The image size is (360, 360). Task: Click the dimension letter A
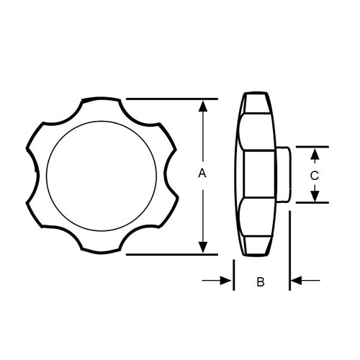pyautogui.click(x=202, y=174)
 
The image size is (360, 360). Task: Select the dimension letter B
pyautogui.click(x=261, y=282)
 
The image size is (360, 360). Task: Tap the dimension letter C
pyautogui.click(x=314, y=175)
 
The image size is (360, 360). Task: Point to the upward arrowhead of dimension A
pyautogui.click(x=204, y=106)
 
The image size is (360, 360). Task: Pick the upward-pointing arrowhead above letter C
pyautogui.click(x=314, y=153)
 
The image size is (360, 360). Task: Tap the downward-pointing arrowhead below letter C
pyautogui.click(x=314, y=197)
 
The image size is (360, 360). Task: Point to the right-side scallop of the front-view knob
pyautogui.click(x=166, y=176)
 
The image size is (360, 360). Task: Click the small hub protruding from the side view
pyautogui.click(x=282, y=175)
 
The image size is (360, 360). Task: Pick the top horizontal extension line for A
pyautogui.click(x=173, y=99)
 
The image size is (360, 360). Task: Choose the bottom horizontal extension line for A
pyautogui.click(x=173, y=254)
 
